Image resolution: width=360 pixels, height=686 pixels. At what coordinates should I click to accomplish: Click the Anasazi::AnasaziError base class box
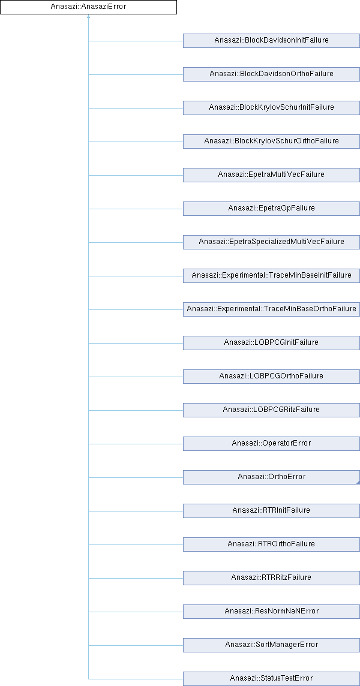click(88, 7)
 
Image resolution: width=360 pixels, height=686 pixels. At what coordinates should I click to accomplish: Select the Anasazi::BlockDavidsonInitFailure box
click(271, 41)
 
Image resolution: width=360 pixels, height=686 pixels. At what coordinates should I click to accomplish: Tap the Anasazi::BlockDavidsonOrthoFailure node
click(271, 74)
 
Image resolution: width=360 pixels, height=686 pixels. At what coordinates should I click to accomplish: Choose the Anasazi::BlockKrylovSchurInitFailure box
click(271, 108)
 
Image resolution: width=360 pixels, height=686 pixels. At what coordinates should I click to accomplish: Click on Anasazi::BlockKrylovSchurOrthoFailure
click(271, 142)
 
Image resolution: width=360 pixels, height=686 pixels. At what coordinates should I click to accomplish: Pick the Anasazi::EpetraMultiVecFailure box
click(271, 175)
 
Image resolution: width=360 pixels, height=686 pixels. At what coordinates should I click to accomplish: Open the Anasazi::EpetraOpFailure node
click(271, 209)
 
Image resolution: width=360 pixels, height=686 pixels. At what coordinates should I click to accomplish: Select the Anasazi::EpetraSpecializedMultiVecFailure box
click(271, 242)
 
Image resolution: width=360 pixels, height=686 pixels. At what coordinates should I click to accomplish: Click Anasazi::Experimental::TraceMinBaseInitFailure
click(271, 276)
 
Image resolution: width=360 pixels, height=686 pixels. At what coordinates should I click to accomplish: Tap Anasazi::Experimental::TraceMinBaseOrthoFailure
click(271, 309)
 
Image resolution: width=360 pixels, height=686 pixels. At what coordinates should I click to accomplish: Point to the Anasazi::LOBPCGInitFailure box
click(271, 343)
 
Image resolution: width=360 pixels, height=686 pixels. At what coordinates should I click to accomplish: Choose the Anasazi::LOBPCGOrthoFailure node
click(271, 377)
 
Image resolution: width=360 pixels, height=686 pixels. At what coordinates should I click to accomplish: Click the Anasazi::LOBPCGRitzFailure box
click(271, 410)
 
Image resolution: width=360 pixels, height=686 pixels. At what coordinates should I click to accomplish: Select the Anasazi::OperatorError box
click(271, 444)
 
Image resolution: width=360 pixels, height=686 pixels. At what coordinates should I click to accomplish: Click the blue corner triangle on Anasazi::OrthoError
click(358, 482)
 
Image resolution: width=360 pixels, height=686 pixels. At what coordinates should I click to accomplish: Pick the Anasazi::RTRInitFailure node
click(271, 511)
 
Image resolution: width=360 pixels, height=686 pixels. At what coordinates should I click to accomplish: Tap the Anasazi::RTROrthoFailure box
click(271, 544)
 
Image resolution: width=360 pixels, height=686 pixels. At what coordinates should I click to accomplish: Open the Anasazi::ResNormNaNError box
click(271, 612)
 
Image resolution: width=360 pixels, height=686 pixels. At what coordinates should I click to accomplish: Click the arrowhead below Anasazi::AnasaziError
click(88, 17)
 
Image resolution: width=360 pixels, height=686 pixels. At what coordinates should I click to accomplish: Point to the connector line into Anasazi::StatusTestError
click(135, 679)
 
